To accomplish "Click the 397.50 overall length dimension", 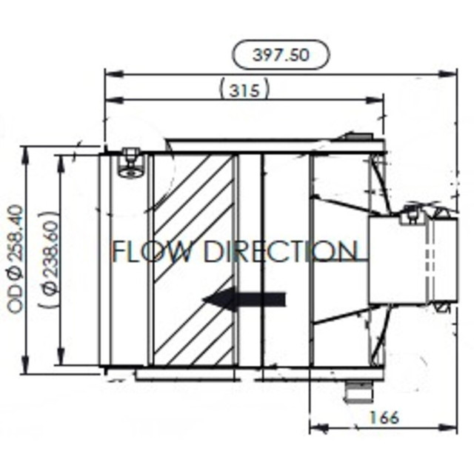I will [x=281, y=55].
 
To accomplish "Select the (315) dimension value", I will [x=244, y=90].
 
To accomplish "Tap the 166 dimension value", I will [x=382, y=418].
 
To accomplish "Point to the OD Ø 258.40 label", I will [x=16, y=259].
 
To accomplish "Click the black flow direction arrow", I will [x=244, y=299].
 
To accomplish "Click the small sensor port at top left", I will [x=131, y=164].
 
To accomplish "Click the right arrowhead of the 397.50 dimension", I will [x=453, y=73].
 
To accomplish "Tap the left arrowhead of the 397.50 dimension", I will [x=110, y=73].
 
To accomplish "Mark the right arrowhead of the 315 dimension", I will [x=380, y=99].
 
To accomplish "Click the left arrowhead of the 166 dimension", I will [x=313, y=427].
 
